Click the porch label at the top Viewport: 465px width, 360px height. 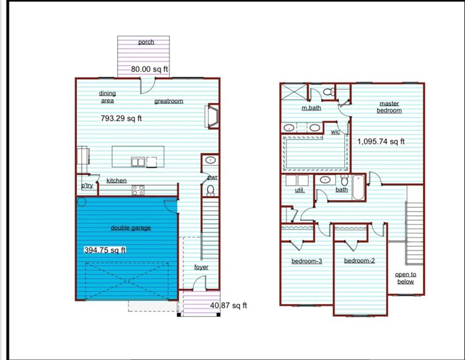click(146, 42)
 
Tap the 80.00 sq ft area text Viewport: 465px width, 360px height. click(149, 69)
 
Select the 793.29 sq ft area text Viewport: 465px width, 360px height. click(121, 119)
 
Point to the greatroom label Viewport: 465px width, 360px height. click(169, 101)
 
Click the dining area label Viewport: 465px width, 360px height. click(107, 97)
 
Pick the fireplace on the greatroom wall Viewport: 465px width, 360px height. click(213, 116)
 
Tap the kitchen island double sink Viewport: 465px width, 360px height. click(138, 162)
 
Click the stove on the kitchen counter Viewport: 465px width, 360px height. click(138, 190)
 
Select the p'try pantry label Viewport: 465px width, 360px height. click(87, 186)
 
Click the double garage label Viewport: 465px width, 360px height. click(131, 228)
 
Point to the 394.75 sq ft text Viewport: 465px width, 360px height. click(105, 250)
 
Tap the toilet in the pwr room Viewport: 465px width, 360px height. click(210, 190)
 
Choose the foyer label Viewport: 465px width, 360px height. click(201, 267)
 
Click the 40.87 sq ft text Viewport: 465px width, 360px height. click(229, 306)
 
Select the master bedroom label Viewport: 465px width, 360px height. click(390, 107)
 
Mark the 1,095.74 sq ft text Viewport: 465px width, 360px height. click(381, 141)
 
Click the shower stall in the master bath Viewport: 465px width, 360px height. click(293, 91)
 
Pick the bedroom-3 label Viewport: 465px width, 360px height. click(307, 261)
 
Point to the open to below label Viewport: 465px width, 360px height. click(406, 278)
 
